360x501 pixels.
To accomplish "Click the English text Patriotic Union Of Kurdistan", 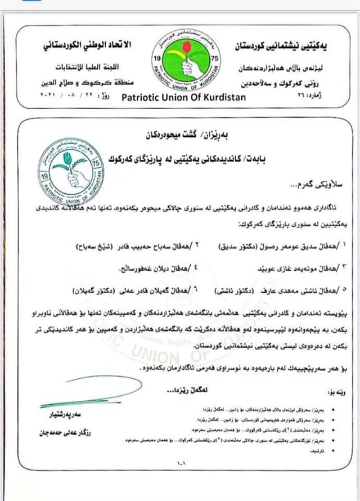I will [180, 95].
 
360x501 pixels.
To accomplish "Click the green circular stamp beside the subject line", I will [71, 171].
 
